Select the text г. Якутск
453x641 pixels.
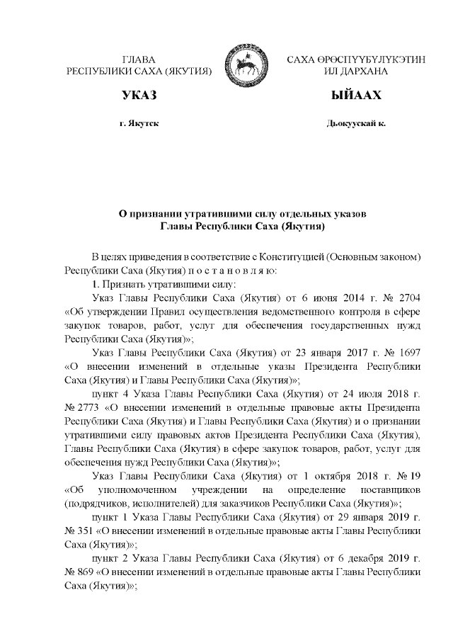point(139,123)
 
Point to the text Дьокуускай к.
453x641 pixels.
point(356,123)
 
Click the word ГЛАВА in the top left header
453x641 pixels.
point(138,60)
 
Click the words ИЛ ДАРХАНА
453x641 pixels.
point(356,72)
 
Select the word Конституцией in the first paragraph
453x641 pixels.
point(309,256)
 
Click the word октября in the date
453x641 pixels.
point(305,475)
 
